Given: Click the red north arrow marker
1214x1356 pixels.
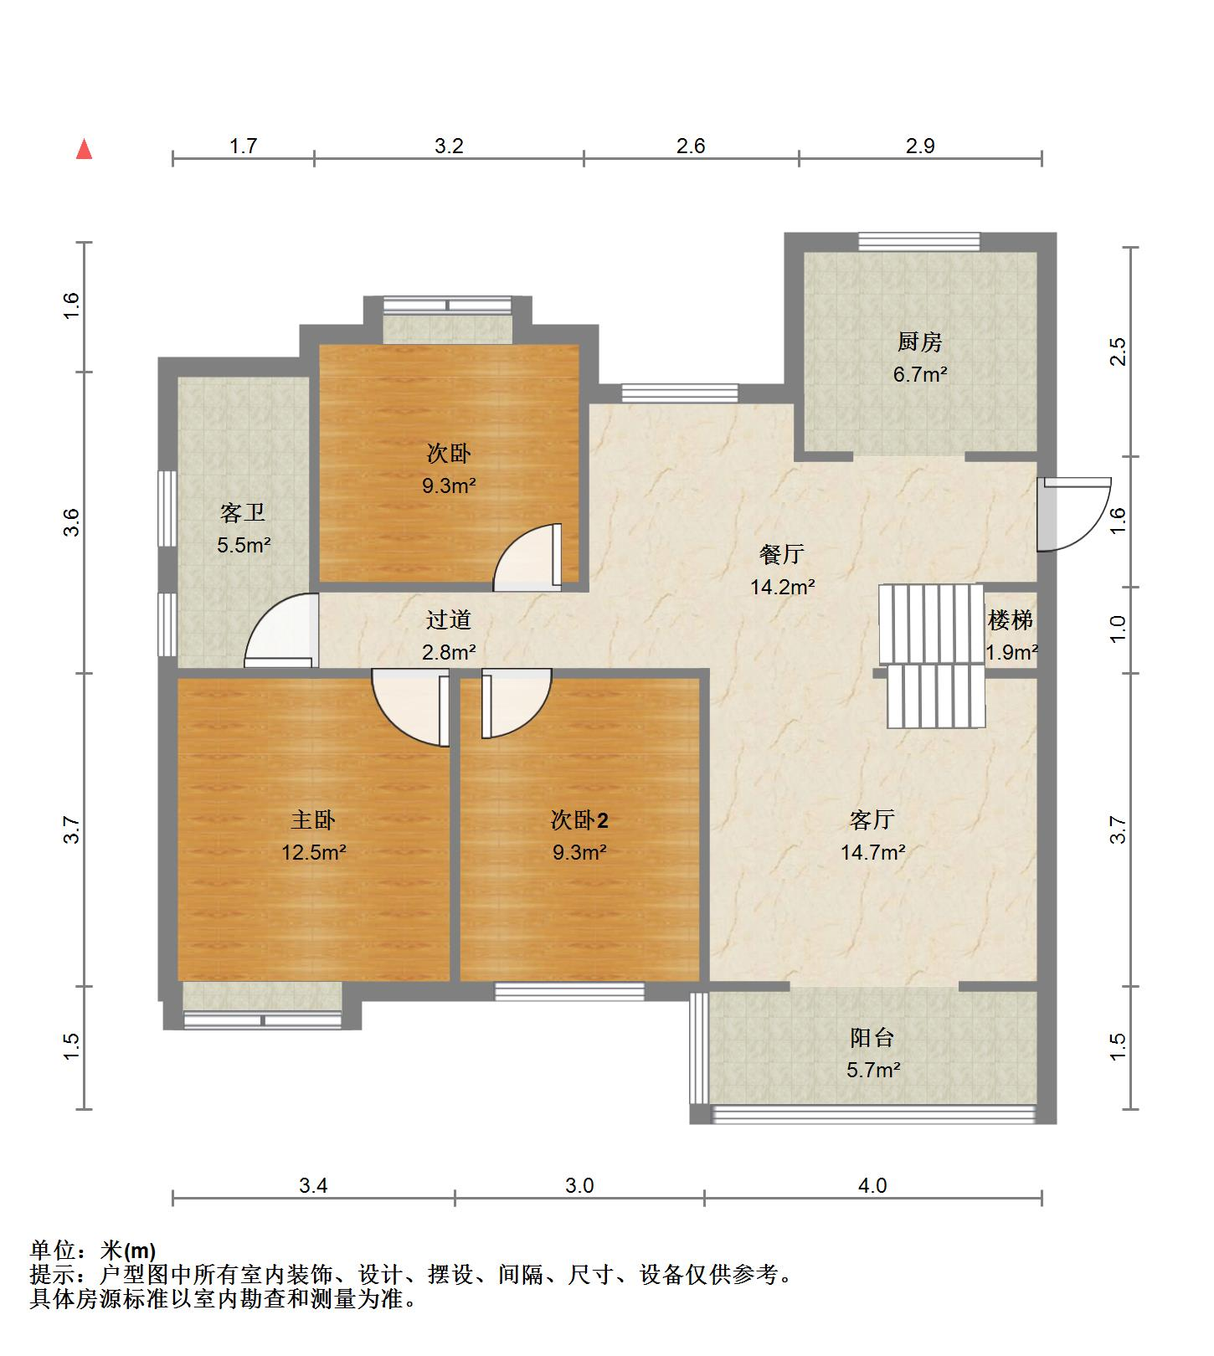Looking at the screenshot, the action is tap(84, 149).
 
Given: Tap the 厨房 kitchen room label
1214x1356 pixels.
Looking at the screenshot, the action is tap(919, 342).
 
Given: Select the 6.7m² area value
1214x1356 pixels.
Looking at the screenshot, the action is tap(919, 374).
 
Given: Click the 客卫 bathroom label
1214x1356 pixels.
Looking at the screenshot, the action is tap(243, 512).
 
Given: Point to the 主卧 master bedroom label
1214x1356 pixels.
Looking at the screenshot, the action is tap(313, 819).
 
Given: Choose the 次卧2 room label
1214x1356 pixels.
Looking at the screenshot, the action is tap(579, 819).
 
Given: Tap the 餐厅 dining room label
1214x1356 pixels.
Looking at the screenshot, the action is tap(782, 554).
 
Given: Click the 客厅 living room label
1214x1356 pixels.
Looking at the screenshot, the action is tap(872, 819).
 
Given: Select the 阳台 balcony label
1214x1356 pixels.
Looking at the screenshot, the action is tap(872, 1038).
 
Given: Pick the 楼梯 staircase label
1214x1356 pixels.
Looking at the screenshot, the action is tap(1011, 620).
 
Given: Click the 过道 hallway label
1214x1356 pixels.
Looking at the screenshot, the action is tap(449, 620).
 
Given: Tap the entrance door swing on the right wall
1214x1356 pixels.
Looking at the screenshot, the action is tap(1074, 514).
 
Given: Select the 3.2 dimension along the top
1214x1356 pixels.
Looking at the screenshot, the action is tap(449, 146).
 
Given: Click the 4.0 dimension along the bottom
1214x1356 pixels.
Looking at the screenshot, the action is tap(872, 1185).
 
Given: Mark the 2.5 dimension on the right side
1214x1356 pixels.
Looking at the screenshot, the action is tap(1118, 352).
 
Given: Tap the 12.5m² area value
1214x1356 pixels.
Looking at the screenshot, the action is tap(313, 852).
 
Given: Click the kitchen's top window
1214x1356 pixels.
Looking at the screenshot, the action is tap(919, 241).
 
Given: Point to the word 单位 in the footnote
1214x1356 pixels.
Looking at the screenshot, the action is tap(53, 1251).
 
